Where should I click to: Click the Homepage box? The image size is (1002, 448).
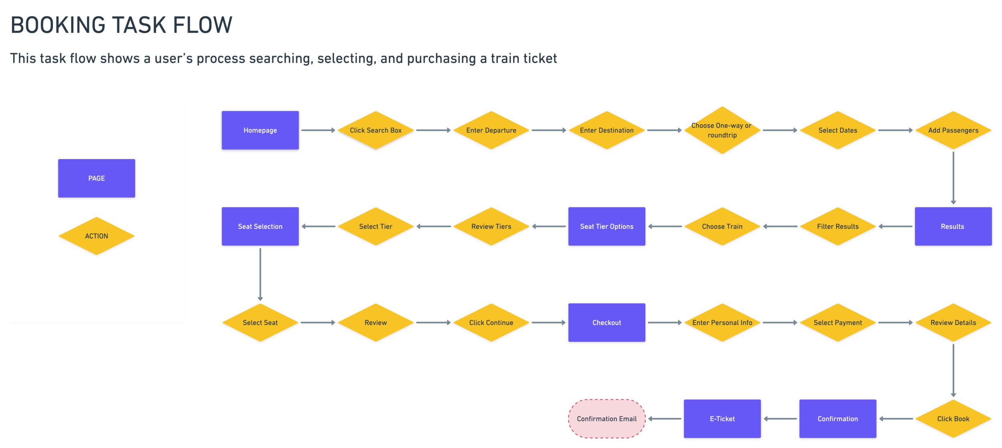point(260,130)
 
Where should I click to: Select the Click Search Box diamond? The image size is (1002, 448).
point(376,130)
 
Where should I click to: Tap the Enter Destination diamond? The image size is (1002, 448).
point(606,130)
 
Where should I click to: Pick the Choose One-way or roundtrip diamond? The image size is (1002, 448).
point(722,130)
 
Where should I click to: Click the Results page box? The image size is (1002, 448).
point(953,226)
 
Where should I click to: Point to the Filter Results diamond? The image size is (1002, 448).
point(838,226)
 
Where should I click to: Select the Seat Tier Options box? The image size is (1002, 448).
point(606,226)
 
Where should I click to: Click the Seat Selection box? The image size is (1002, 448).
point(260,226)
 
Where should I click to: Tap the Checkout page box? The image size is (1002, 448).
point(606,322)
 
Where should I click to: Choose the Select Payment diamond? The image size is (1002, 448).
point(838,322)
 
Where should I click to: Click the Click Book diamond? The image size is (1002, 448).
point(953,418)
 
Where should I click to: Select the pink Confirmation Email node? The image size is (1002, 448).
point(606,418)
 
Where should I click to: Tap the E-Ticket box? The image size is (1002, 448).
point(722,418)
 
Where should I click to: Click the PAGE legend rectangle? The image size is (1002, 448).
point(97,178)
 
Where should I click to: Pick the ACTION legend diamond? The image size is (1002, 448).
point(97,236)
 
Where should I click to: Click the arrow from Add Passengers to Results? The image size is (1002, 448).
point(953,177)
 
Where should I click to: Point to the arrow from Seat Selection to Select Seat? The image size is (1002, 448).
point(260,274)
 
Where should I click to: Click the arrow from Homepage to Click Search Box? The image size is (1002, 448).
point(318,130)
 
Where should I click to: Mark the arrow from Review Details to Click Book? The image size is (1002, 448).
point(953,370)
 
